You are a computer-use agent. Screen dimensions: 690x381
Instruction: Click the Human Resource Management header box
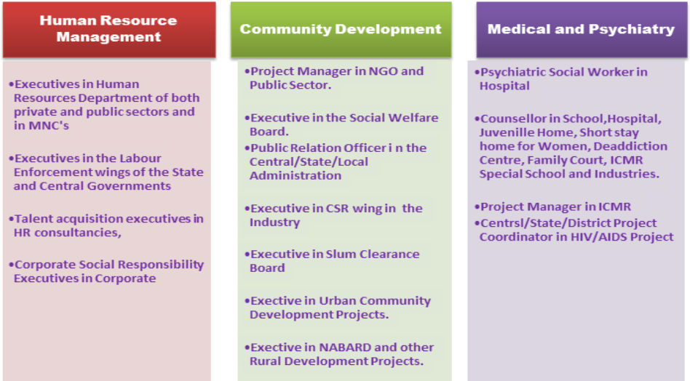tap(109, 29)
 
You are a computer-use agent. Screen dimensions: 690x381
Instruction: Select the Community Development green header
tap(341, 29)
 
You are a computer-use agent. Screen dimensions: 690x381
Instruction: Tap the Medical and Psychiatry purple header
tap(582, 29)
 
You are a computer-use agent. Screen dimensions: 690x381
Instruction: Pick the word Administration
tap(296, 176)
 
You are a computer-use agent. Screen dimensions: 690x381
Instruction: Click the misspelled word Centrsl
tap(500, 223)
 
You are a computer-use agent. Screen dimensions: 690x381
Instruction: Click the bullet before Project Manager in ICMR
tap(477, 206)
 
